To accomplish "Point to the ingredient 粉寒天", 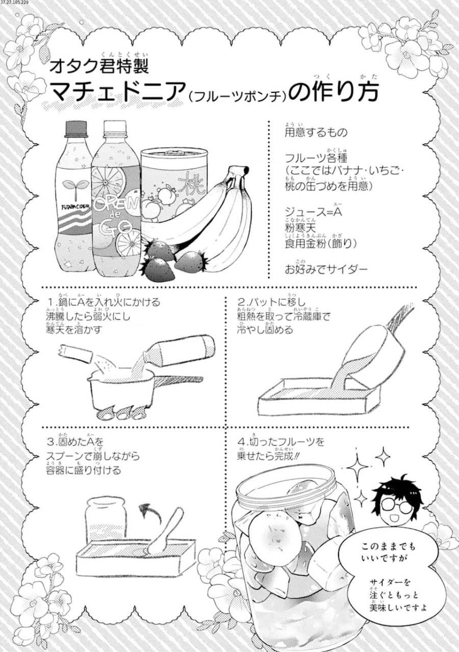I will pos(299,227).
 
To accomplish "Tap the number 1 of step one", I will pos(49,302).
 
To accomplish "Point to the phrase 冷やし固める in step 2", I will pos(265,330).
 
